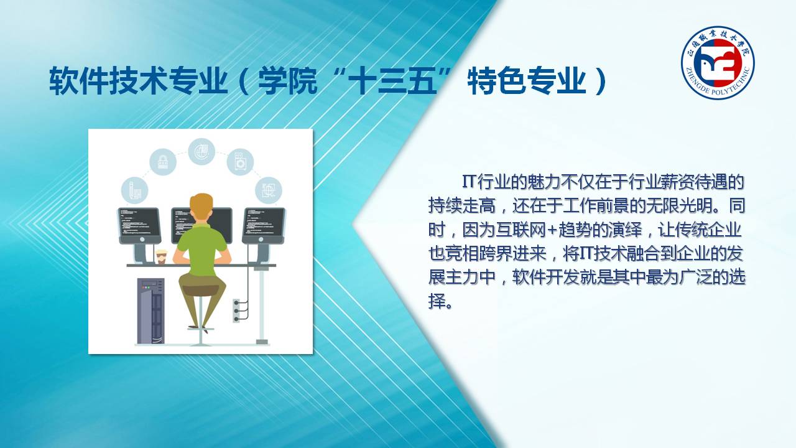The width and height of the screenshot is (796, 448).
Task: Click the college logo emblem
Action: [718, 63]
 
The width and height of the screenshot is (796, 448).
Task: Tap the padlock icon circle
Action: [163, 162]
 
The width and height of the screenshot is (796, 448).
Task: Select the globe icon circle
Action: [201, 152]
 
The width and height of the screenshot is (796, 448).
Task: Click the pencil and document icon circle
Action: [135, 190]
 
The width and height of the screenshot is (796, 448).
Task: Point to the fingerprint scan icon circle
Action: [269, 190]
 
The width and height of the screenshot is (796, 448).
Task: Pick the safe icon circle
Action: [240, 162]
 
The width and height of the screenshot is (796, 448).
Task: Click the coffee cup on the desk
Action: [161, 257]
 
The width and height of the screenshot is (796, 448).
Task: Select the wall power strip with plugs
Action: [236, 310]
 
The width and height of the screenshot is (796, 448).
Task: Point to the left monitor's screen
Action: [139, 222]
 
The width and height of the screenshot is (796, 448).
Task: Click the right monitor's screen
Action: [264, 222]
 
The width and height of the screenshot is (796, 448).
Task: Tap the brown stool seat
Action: [200, 289]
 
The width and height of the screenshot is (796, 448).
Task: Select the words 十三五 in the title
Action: [392, 82]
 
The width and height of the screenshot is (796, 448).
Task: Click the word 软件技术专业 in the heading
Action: [138, 82]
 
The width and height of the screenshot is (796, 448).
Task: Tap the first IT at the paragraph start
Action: [468, 182]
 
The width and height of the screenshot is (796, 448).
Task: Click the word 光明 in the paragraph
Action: [695, 206]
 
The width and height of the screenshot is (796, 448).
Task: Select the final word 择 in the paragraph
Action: [437, 302]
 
